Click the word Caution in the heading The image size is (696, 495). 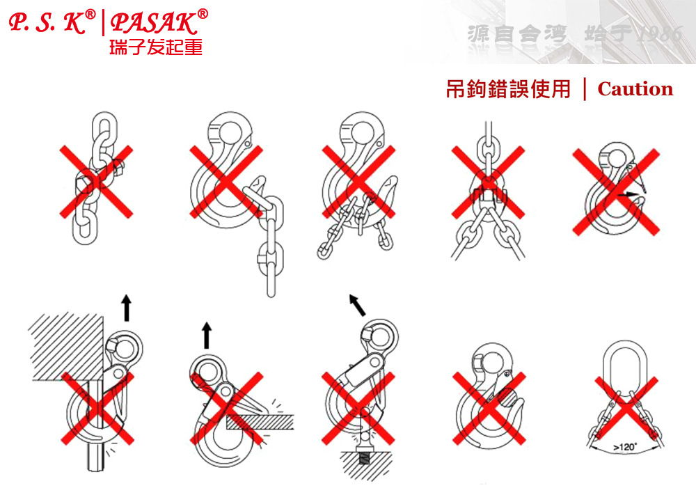(x=635, y=89)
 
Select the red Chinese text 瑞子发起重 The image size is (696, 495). (x=156, y=47)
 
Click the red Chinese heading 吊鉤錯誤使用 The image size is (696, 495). (x=508, y=89)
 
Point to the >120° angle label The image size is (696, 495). (x=625, y=447)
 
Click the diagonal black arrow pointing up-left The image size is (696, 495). (x=357, y=305)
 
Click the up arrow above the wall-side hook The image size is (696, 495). (x=127, y=307)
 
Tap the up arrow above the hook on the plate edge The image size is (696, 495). (x=207, y=335)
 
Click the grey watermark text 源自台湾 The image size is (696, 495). (x=517, y=35)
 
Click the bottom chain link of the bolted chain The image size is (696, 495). (x=85, y=227)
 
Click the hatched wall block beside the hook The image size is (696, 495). (x=67, y=346)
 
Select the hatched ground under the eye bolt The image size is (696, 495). (x=367, y=464)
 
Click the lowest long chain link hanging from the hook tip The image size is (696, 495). (x=271, y=278)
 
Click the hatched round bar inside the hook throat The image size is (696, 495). (x=510, y=397)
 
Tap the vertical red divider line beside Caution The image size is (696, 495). (x=585, y=89)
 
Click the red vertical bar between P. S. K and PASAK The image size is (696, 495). (x=104, y=23)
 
